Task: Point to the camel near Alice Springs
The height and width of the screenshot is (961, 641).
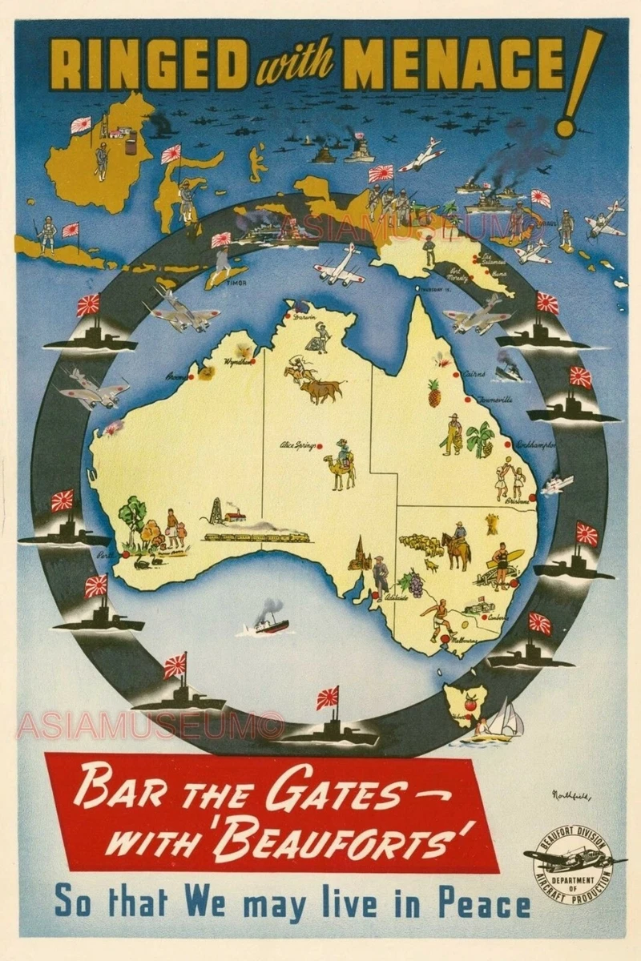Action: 343,468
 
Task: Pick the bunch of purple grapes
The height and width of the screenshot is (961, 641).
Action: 414,582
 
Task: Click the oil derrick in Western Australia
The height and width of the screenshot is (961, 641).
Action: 213,510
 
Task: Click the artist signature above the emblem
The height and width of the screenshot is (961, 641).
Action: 570,795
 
